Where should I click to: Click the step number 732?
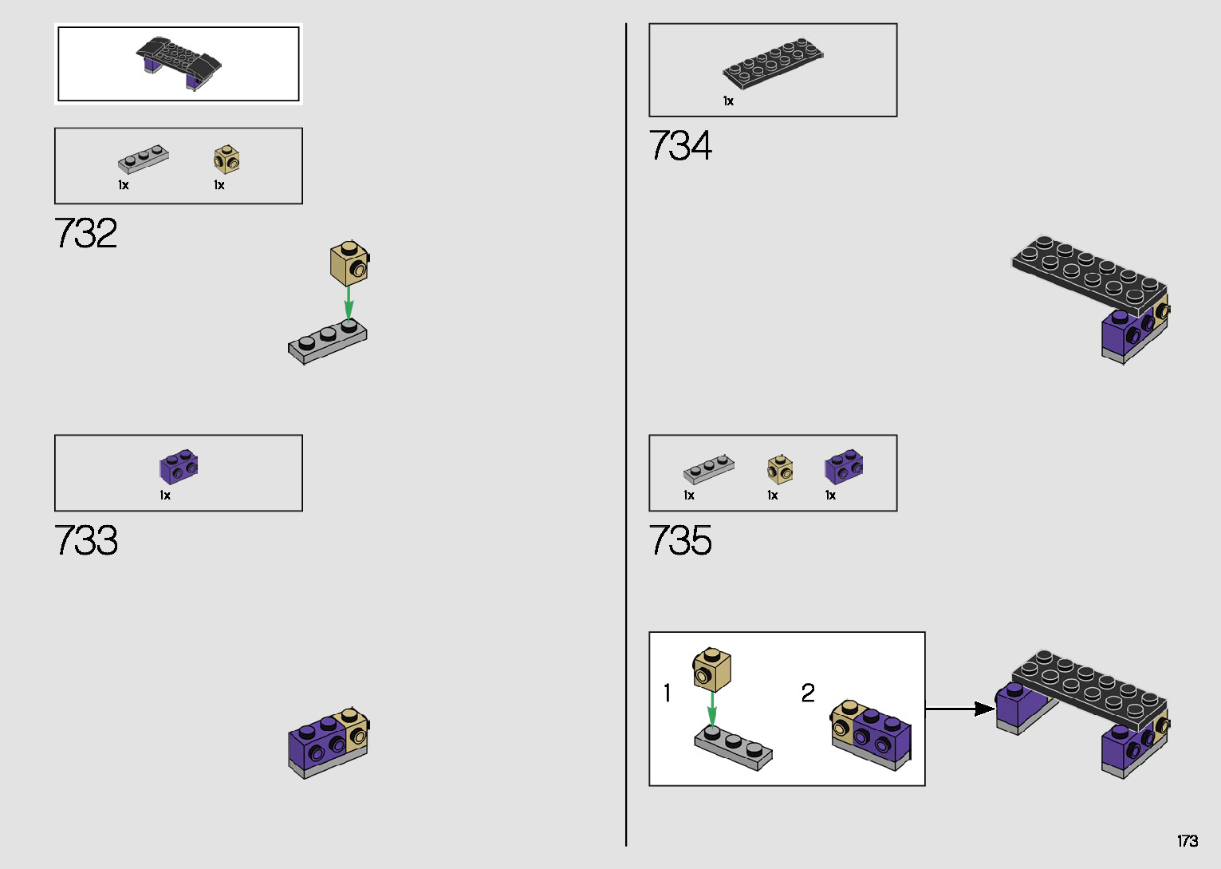click(x=86, y=234)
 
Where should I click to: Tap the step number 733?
click(x=86, y=541)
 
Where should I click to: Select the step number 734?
click(x=680, y=146)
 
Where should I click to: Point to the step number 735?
click(x=680, y=541)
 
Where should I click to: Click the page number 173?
click(x=1187, y=841)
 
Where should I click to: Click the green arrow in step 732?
click(x=349, y=302)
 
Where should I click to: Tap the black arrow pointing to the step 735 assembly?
click(x=960, y=708)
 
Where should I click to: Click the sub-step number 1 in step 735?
click(x=667, y=693)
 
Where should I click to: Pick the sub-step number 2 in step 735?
click(x=808, y=693)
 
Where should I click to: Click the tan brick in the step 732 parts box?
click(x=226, y=159)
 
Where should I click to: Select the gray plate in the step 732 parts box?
click(x=144, y=159)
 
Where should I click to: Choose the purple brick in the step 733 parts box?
click(x=179, y=466)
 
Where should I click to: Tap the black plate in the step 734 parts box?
click(x=772, y=62)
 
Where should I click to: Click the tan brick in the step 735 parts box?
click(x=780, y=469)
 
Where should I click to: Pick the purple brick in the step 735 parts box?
click(x=844, y=468)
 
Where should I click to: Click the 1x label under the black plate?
click(x=728, y=101)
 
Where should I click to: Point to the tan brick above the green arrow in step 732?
click(x=349, y=263)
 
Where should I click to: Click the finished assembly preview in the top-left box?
click(x=179, y=62)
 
